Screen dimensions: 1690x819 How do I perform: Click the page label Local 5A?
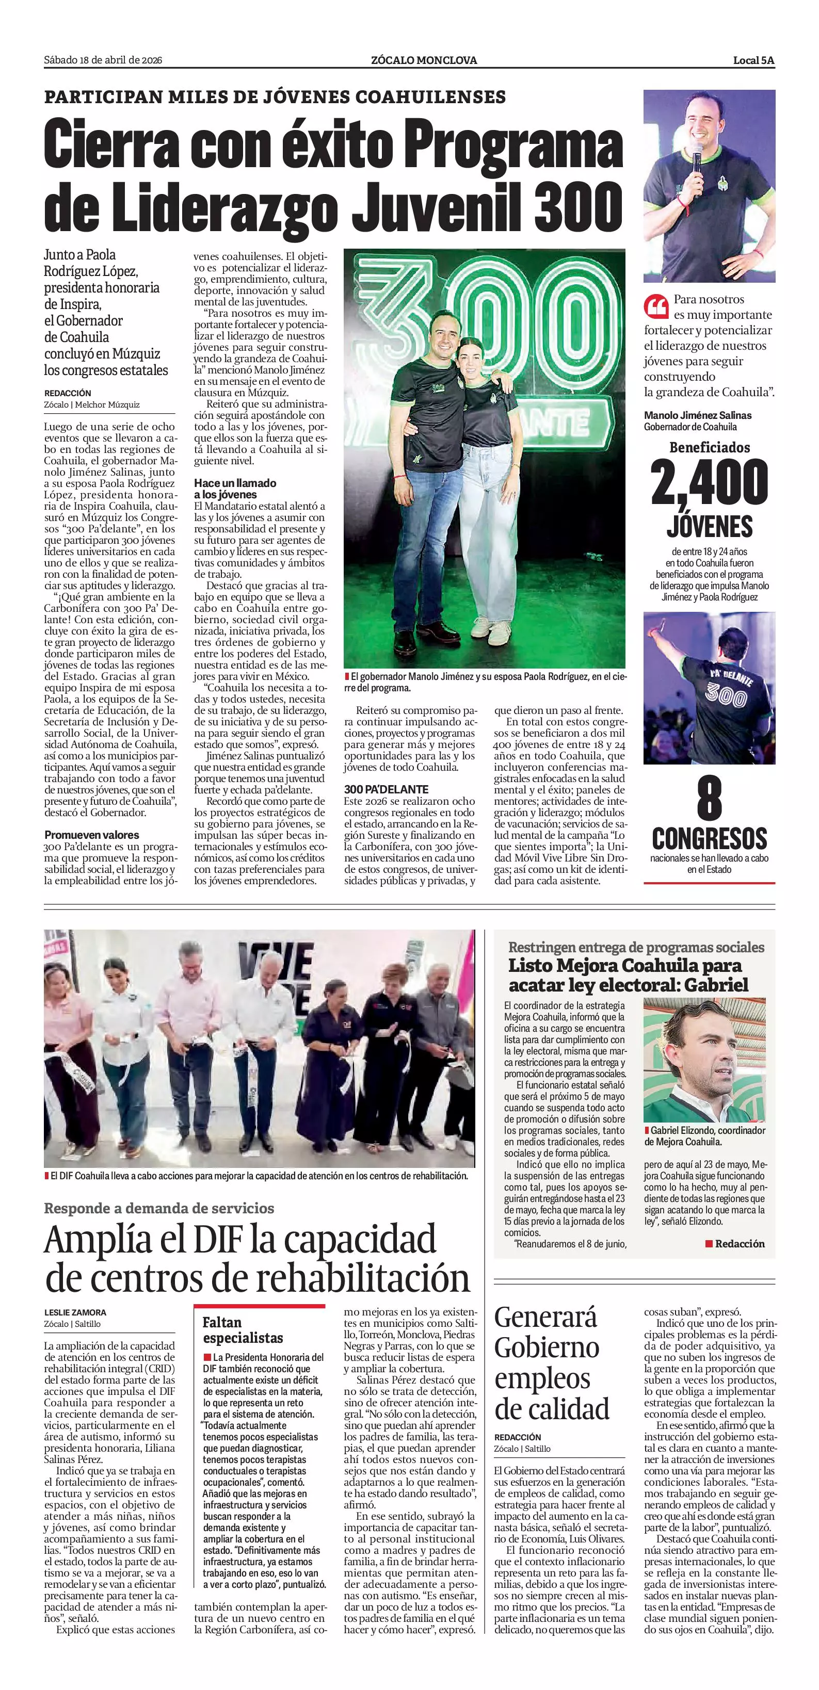tap(753, 60)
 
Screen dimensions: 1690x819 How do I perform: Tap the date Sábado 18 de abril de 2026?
tap(103, 60)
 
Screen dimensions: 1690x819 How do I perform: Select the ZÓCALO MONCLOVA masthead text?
tap(424, 60)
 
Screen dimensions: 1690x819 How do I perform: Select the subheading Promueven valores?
tap(92, 835)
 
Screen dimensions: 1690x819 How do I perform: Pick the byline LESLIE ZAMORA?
tap(75, 1312)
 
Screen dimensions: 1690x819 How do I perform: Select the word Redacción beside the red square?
tap(740, 1243)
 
